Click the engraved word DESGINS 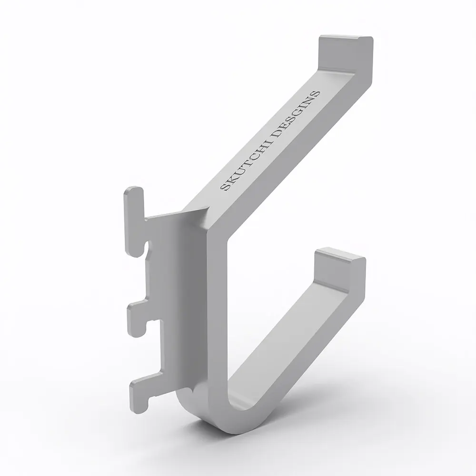click(x=296, y=114)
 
